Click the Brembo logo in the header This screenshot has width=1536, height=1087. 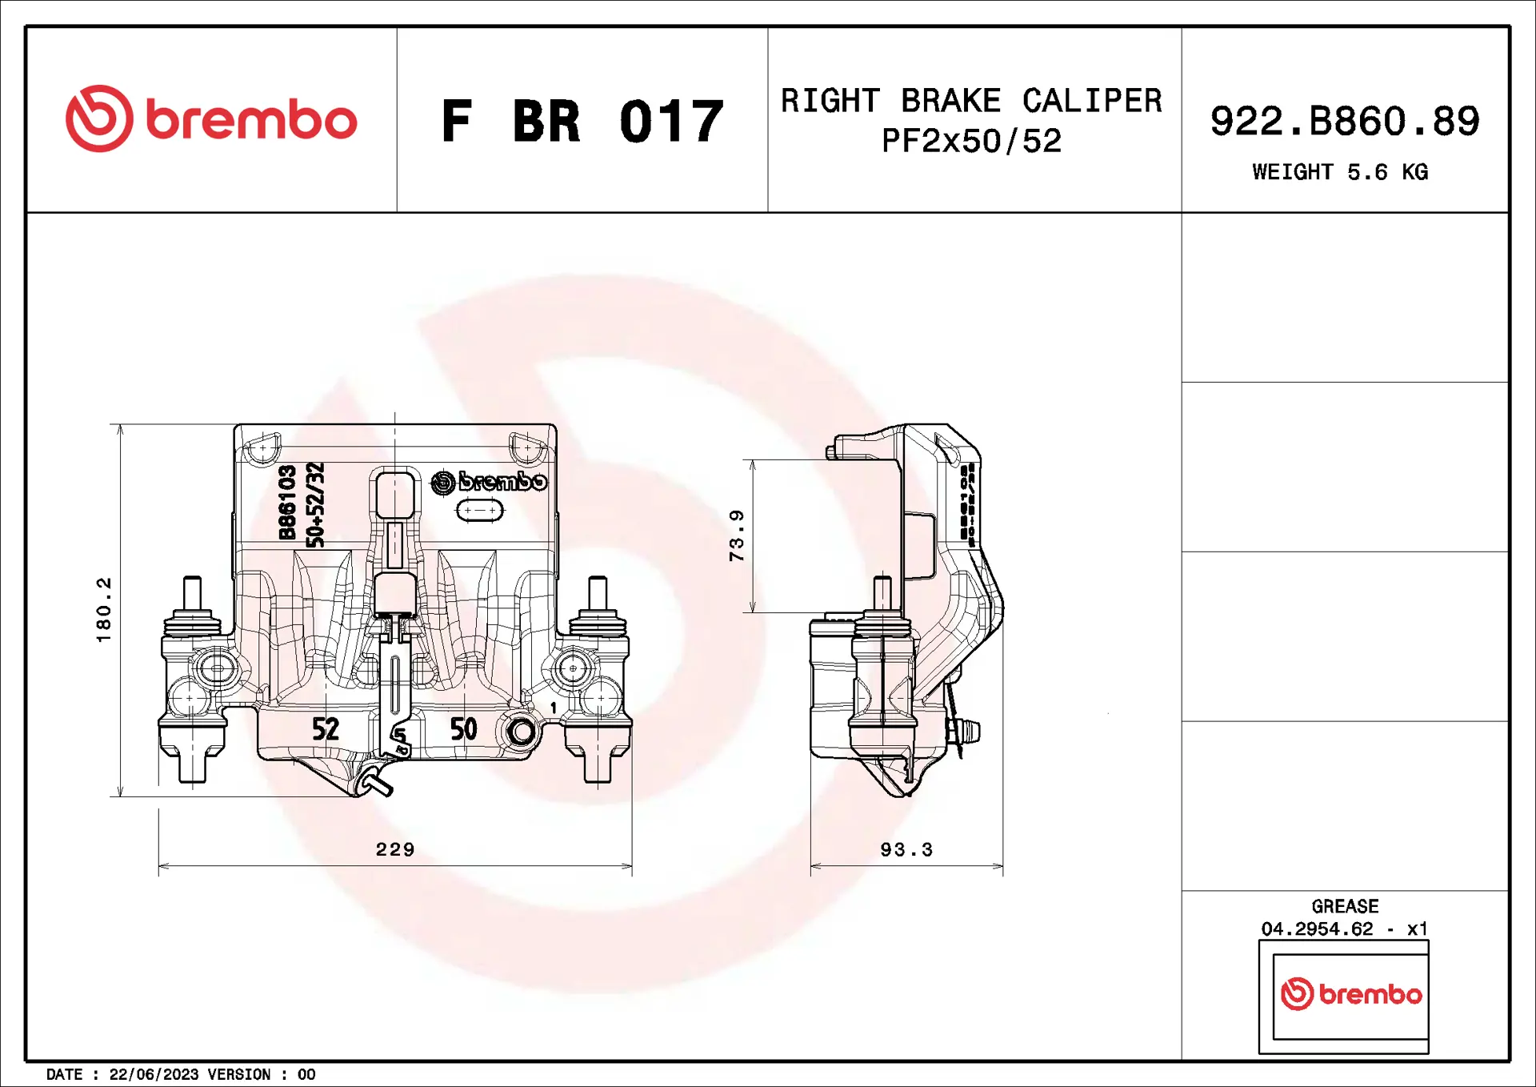pos(211,119)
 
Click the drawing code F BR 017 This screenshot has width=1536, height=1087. pos(582,122)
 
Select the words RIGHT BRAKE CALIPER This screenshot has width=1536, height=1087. pos(971,101)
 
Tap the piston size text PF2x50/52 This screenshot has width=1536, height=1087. pos(971,142)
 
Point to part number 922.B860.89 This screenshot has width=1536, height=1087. pos(1344,122)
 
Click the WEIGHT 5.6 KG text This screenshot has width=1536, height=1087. pos(1340,172)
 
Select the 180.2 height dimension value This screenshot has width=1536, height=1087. pos(104,610)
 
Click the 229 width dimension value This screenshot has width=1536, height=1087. pos(395,849)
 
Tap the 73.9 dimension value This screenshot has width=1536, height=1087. pos(737,535)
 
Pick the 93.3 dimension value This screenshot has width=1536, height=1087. pos(906,849)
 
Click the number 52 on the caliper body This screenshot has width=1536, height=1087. pos(326,729)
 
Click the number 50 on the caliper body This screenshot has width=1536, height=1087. pos(463,729)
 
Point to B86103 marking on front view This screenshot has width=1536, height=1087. pos(288,503)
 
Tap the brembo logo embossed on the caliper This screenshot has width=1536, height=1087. pos(489,482)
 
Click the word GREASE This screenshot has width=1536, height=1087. pos(1345,906)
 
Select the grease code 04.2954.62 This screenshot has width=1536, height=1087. pos(1317,929)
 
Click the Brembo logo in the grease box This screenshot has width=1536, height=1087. pos(1350,994)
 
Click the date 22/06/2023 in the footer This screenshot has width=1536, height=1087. pos(154,1074)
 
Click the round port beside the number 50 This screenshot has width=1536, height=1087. pos(522,731)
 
